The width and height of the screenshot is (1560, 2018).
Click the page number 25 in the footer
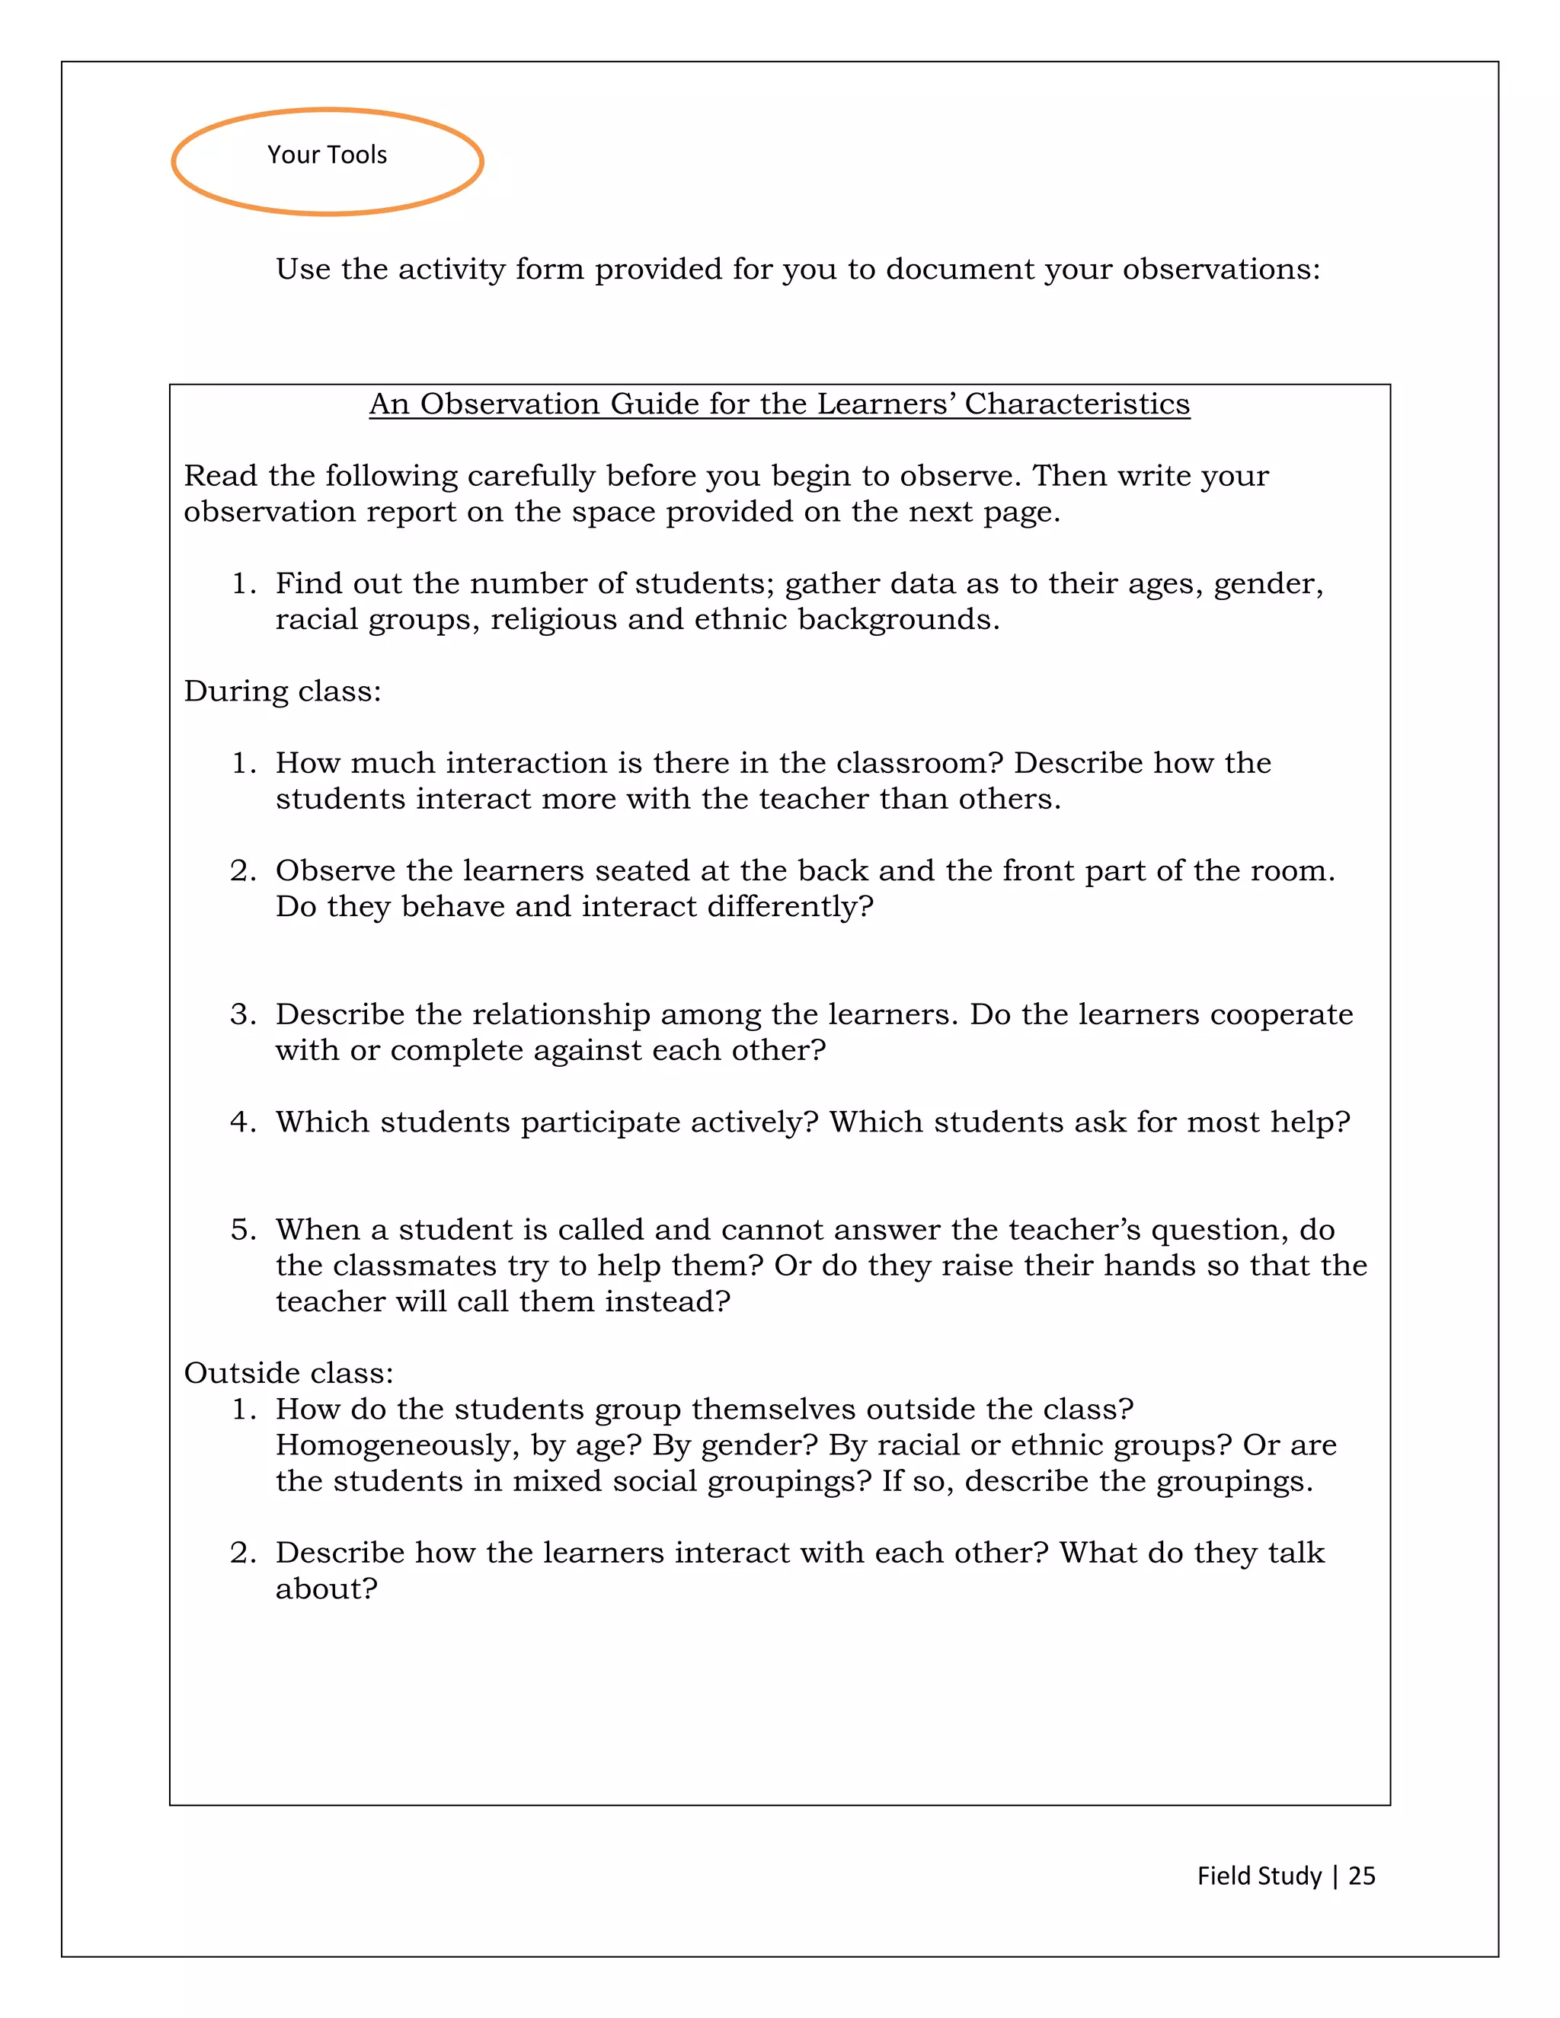coord(1361,1875)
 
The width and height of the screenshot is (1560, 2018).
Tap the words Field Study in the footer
coord(1258,1875)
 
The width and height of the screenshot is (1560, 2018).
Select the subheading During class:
coord(283,691)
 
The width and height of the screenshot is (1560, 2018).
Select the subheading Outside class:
coord(289,1373)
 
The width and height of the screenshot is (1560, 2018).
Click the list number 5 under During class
coord(242,1230)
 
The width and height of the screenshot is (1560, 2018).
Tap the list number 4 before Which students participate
coord(242,1122)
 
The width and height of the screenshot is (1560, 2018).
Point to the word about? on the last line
coord(326,1589)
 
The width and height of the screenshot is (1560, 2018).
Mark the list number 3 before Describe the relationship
coord(242,1014)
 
